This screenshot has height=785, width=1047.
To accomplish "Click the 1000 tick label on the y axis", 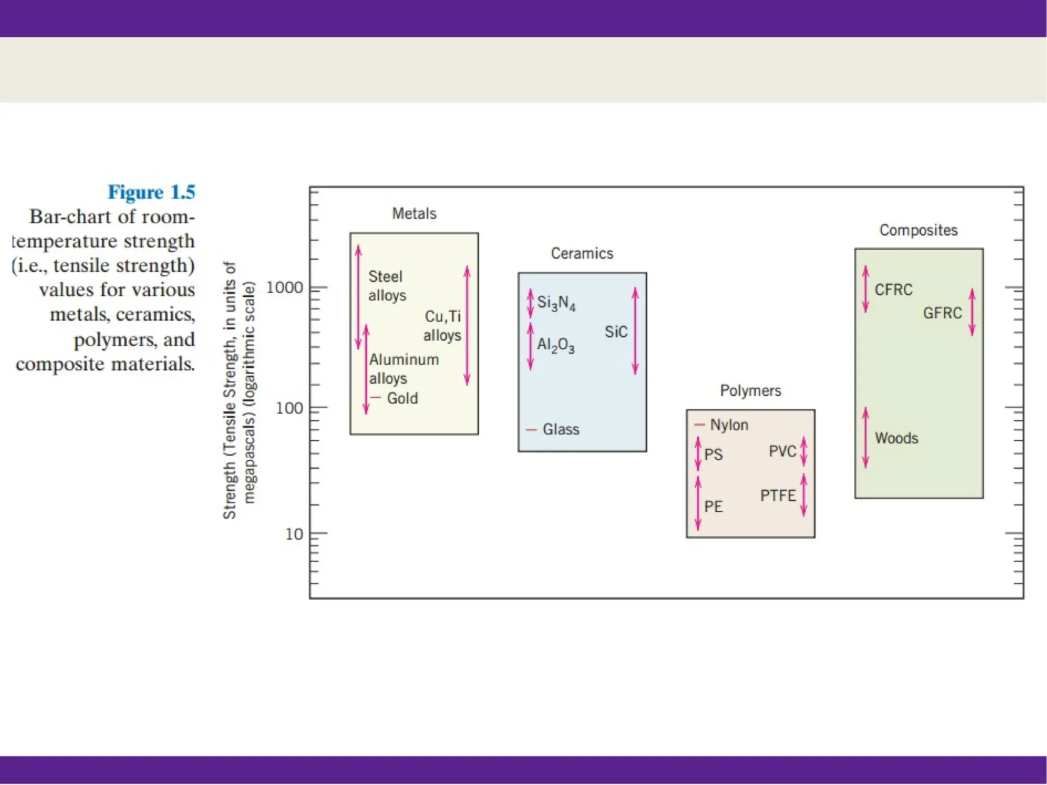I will (x=285, y=288).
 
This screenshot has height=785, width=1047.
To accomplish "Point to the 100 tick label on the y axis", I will (x=289, y=408).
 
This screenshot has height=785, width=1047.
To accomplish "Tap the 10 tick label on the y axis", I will (x=294, y=534).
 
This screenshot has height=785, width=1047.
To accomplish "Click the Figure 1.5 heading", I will (x=151, y=192).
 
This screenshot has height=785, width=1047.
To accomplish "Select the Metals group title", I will (x=414, y=213).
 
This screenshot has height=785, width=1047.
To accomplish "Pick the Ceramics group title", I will (x=582, y=253).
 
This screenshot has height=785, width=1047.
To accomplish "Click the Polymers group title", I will (x=750, y=391).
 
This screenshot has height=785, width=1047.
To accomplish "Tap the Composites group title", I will (x=918, y=230).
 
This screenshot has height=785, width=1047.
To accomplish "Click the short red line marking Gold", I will (x=376, y=397).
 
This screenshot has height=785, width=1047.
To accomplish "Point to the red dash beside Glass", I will (x=532, y=430).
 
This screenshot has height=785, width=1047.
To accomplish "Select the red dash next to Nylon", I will (x=699, y=425).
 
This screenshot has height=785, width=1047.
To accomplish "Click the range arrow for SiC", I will (x=635, y=331).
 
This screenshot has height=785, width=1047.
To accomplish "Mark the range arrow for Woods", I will (x=866, y=437).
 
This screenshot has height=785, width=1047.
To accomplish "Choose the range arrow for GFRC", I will (x=972, y=312).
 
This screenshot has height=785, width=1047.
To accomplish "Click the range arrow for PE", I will (x=698, y=504).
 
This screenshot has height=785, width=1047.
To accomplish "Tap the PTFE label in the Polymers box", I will (x=778, y=495).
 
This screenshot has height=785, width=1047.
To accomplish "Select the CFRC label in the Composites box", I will (x=893, y=290).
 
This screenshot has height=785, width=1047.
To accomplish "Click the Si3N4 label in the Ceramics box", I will (x=556, y=303).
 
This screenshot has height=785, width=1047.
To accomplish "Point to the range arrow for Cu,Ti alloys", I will (x=467, y=325).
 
